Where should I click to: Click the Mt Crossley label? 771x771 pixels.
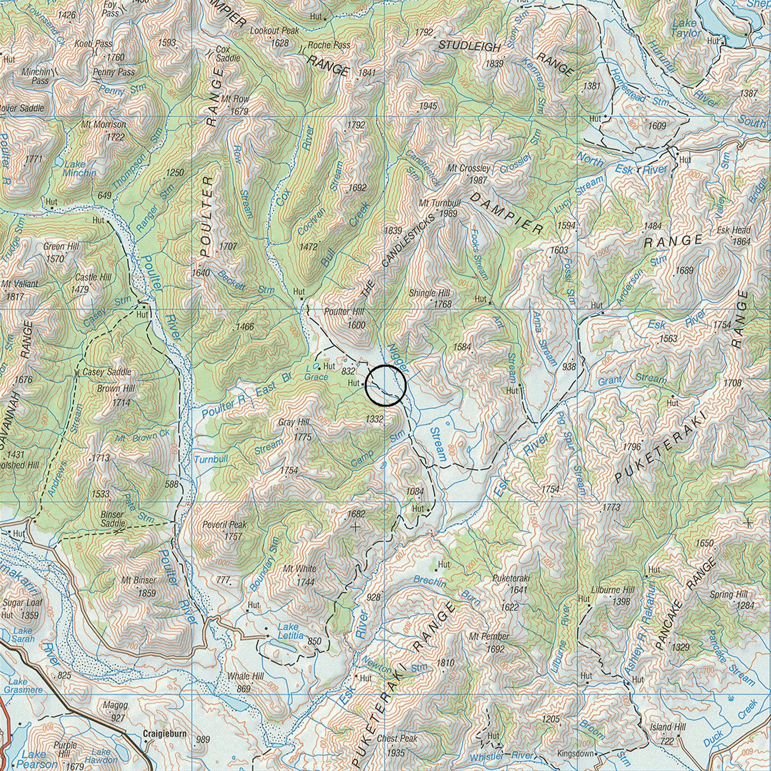tap(469, 168)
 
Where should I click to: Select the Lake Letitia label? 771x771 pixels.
tap(290, 631)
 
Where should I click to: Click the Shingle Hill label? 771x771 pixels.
tap(429, 293)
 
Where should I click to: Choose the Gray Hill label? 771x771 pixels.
tap(294, 422)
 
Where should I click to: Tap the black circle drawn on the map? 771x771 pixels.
tap(385, 386)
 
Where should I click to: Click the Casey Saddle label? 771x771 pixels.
tap(106, 372)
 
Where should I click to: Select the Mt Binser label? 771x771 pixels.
tap(138, 580)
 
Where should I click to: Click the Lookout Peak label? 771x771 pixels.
tap(274, 31)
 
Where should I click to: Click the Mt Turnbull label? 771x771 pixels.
tap(440, 203)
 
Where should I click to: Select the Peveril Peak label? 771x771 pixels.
tap(224, 525)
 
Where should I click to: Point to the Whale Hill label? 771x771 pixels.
tap(245, 676)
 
